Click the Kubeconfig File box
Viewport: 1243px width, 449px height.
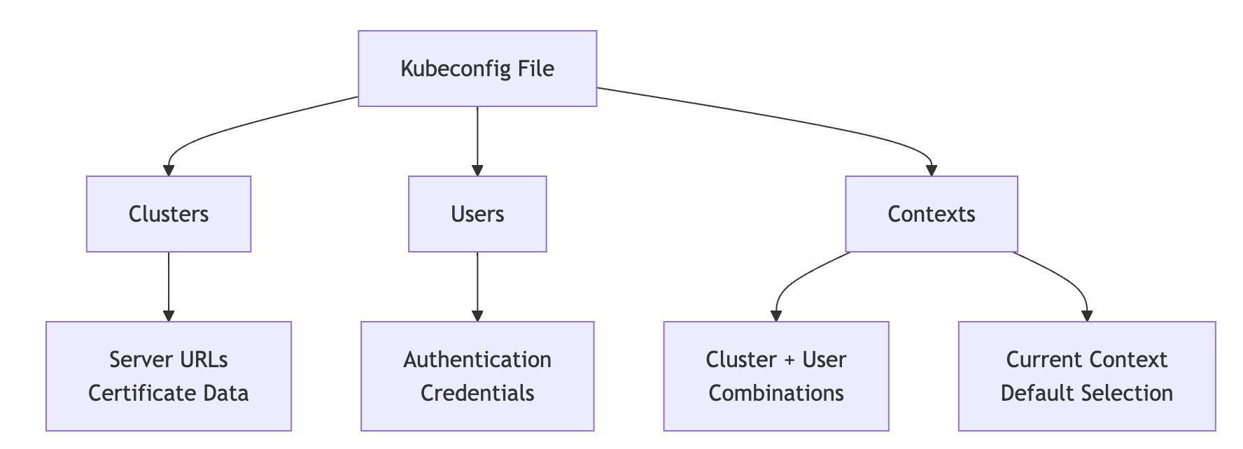pos(477,69)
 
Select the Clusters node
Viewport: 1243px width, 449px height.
pos(169,214)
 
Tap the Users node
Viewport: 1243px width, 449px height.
pos(477,214)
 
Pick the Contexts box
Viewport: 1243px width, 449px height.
pos(931,214)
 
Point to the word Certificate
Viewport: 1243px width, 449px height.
pos(133,393)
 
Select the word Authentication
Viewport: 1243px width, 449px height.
pos(477,359)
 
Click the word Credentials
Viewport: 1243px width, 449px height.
pos(477,393)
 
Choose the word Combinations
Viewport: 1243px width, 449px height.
pos(776,393)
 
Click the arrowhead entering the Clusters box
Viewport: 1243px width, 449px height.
pos(169,171)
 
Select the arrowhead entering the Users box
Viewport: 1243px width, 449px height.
pos(477,171)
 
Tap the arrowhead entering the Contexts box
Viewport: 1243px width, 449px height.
pos(931,171)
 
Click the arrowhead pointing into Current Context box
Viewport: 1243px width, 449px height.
pos(1087,316)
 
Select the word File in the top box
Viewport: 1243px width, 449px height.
pos(535,69)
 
